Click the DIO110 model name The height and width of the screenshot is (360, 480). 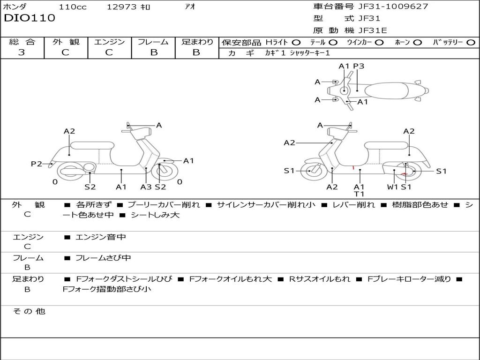(30, 18)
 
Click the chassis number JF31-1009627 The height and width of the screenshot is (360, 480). (393, 7)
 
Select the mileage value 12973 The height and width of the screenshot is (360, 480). (121, 7)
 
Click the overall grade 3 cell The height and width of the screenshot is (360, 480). (22, 52)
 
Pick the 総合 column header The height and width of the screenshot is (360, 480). (22, 42)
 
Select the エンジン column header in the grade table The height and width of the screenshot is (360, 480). (109, 42)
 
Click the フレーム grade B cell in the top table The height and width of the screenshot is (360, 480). (153, 52)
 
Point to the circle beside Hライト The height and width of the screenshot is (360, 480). (296, 42)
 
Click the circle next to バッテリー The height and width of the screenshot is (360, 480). (471, 42)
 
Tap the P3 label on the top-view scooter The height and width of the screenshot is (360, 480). (359, 66)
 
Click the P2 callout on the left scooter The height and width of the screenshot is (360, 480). (36, 164)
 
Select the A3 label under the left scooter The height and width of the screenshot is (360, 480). (146, 187)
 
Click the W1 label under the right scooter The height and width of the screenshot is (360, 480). (392, 187)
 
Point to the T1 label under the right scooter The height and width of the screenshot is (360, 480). (360, 194)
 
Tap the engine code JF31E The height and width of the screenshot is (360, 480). (373, 30)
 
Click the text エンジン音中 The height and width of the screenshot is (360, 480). (101, 237)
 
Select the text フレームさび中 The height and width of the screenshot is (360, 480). (103, 258)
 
